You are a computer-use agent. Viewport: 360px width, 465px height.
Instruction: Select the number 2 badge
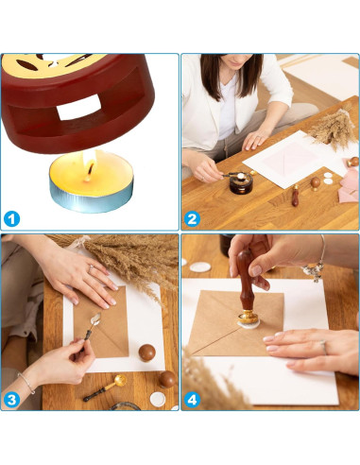click(193, 218)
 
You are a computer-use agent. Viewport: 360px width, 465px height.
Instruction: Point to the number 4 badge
click(193, 398)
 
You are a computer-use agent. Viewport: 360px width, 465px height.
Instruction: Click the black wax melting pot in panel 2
click(241, 183)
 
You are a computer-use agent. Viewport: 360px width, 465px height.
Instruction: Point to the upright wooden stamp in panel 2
click(295, 197)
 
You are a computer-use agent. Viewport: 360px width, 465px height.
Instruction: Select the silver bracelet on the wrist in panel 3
click(25, 383)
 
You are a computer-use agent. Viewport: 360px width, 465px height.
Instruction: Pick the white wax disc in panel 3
click(158, 399)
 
